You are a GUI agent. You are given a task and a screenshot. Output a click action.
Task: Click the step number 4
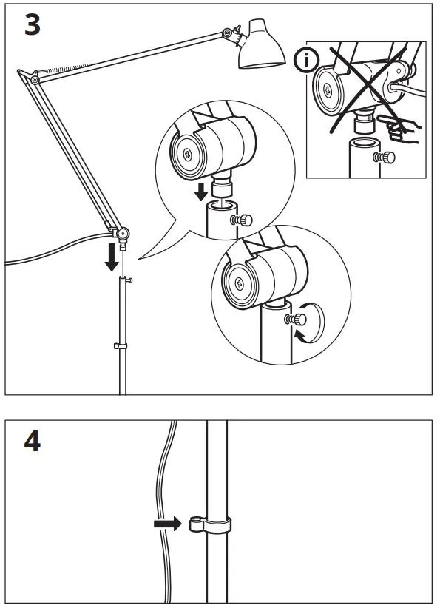[x=30, y=444]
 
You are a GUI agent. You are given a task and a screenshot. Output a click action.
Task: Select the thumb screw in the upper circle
[x=242, y=220]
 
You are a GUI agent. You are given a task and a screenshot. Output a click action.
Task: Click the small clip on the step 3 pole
[x=118, y=345]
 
